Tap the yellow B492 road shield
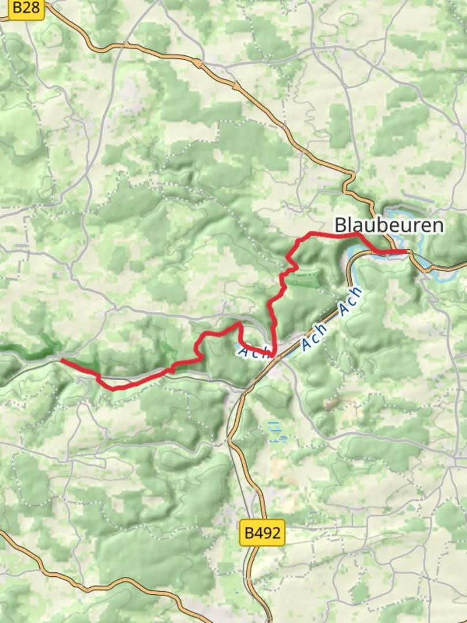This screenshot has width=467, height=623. (x=262, y=533)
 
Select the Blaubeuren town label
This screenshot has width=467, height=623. (x=389, y=225)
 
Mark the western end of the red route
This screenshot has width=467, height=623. (x=62, y=361)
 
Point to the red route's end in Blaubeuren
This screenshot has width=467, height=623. (x=408, y=252)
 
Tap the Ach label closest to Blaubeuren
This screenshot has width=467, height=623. (x=351, y=301)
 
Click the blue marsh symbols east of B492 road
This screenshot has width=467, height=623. (x=276, y=430)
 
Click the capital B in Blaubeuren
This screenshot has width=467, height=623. (x=341, y=225)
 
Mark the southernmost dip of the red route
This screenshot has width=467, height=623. (x=114, y=388)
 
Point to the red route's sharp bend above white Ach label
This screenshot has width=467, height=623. (x=238, y=324)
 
